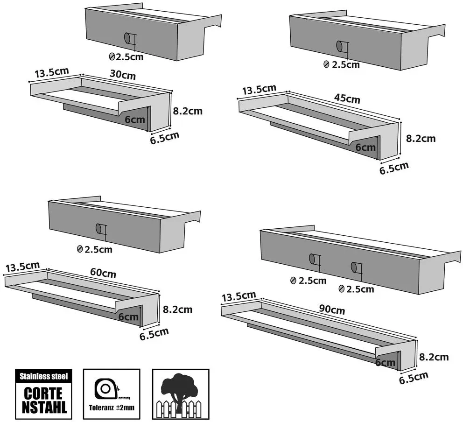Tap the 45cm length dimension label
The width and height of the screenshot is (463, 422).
(x=347, y=98)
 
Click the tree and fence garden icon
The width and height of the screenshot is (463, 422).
(x=181, y=394)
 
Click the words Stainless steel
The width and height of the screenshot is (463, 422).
(x=44, y=376)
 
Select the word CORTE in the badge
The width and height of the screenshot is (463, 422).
(x=43, y=393)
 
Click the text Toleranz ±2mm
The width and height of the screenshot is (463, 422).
(x=112, y=408)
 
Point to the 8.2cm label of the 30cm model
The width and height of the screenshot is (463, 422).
(x=188, y=111)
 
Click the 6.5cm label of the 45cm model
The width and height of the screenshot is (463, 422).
(x=394, y=168)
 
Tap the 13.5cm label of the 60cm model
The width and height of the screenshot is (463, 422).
(x=22, y=267)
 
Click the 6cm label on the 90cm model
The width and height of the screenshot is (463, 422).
(x=385, y=362)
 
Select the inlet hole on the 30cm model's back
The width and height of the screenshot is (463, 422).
(x=128, y=38)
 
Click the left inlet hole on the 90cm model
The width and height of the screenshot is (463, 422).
(x=312, y=259)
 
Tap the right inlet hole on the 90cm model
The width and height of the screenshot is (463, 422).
(x=354, y=267)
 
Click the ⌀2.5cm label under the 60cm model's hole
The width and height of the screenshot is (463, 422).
(x=94, y=250)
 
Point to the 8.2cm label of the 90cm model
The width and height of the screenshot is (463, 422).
(x=434, y=357)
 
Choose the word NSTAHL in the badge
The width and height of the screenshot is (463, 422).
(x=44, y=407)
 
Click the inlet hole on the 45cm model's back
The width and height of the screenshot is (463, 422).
(x=340, y=46)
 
